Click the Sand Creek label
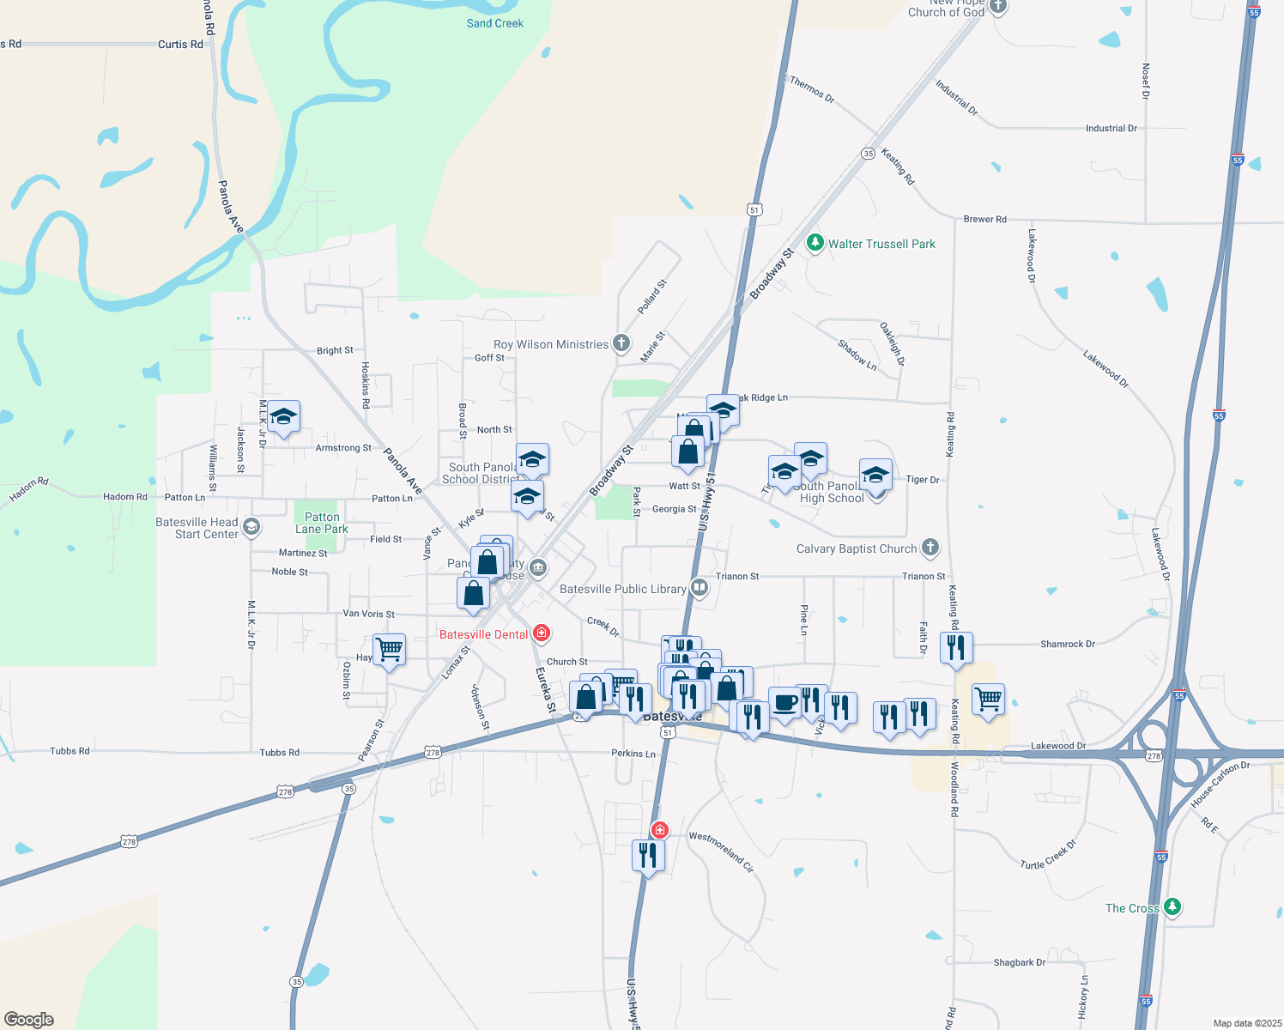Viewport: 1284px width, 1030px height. tap(494, 23)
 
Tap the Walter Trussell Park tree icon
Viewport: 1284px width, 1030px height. tap(815, 244)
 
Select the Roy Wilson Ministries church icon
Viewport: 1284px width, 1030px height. tap(621, 344)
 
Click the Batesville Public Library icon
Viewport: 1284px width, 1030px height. tap(700, 589)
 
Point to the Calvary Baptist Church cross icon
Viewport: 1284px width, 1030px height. tap(930, 548)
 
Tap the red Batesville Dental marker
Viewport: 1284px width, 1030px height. tap(541, 634)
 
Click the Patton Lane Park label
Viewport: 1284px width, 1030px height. tap(322, 523)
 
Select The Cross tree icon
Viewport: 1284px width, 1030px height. tap(1172, 908)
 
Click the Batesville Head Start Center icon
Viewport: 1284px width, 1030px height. tap(251, 527)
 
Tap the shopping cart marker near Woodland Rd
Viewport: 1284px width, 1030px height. tap(988, 700)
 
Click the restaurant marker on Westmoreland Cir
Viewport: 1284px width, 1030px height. tap(648, 855)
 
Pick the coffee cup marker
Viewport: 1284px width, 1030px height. tap(784, 703)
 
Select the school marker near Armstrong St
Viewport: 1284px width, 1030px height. tap(283, 417)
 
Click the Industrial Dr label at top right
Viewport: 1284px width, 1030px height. tap(1111, 129)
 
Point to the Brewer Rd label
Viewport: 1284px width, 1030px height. tap(984, 220)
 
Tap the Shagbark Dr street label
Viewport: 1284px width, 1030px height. tap(1019, 963)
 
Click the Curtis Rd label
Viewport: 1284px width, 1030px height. tap(180, 45)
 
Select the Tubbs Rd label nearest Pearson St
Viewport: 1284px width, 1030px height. tap(280, 753)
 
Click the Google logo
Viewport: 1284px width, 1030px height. tap(29, 1020)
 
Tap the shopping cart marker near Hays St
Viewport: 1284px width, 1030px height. tap(389, 650)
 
